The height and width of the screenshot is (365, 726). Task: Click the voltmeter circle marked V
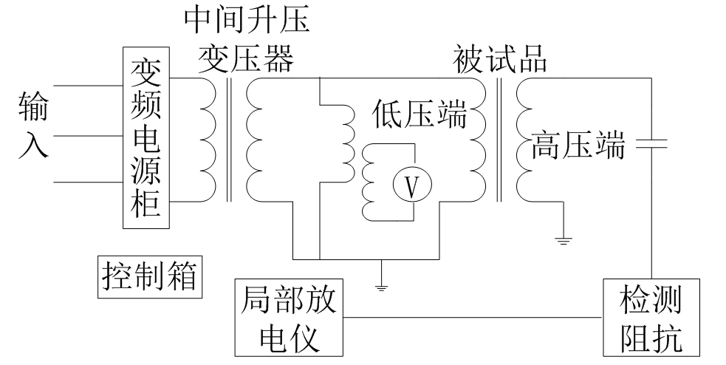[x=414, y=188]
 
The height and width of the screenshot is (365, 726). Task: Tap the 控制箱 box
[x=150, y=277]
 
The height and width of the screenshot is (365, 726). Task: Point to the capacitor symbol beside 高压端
[x=652, y=143]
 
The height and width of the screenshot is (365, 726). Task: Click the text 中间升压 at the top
[x=246, y=21]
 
